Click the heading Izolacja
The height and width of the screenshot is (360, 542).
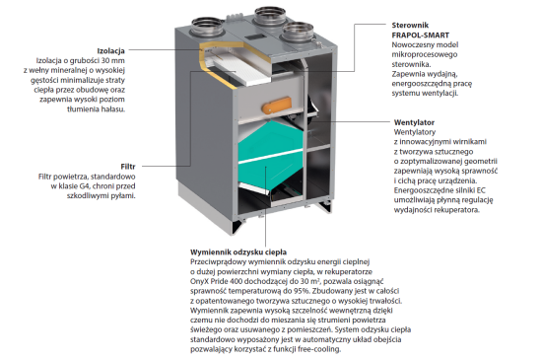111,51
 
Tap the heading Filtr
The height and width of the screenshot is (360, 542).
128,167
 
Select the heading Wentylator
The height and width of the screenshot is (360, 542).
414,122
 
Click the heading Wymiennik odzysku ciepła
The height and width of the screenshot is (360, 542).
238,252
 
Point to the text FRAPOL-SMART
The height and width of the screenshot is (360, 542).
421,35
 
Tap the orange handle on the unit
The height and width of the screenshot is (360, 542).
277,106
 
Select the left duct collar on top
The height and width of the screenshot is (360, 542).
207,27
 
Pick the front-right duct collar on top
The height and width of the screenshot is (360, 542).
298,33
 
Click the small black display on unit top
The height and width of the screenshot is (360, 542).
255,37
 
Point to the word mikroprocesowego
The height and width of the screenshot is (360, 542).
425,54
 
